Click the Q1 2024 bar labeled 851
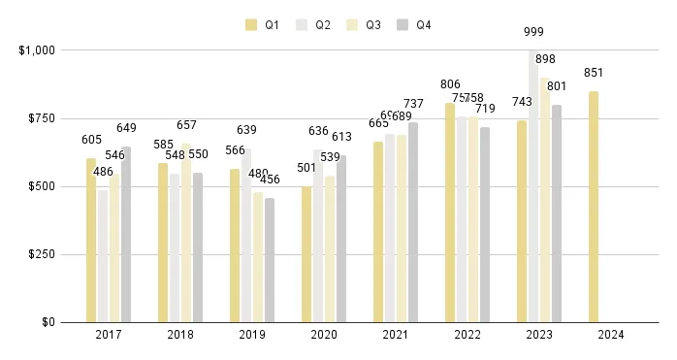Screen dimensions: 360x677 [593, 207]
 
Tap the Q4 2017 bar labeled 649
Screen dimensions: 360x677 [126, 234]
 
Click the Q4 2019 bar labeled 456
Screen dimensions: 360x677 [270, 260]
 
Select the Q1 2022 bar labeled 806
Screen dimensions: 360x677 [450, 213]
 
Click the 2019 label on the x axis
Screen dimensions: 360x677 [252, 335]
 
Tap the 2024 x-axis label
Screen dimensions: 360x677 [611, 335]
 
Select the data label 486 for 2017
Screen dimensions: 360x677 [103, 172]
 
